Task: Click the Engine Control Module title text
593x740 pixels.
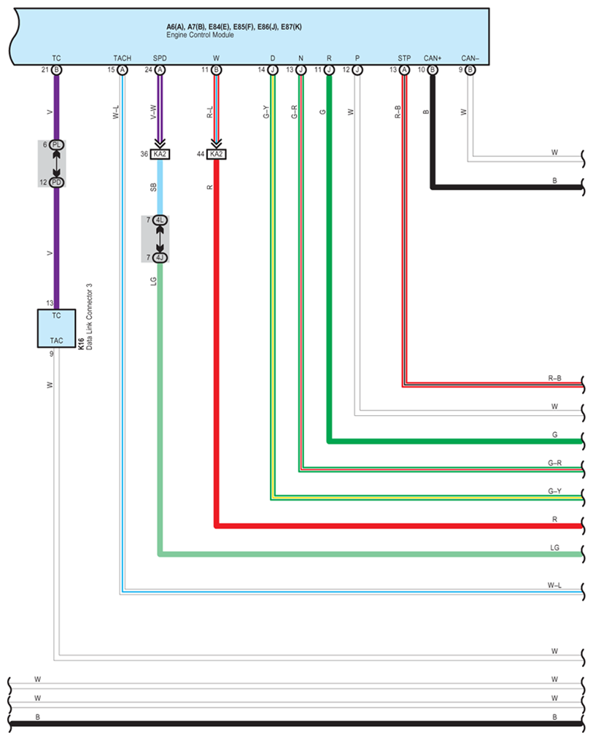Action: [x=201, y=35]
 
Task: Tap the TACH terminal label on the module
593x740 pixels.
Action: [x=122, y=58]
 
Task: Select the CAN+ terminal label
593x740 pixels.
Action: [x=433, y=58]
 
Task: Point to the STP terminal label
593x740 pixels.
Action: [x=404, y=58]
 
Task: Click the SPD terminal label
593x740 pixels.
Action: [x=160, y=58]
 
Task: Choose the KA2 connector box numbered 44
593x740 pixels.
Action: [x=216, y=154]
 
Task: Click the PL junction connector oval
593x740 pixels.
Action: [x=57, y=145]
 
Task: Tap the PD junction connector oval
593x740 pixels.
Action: [x=57, y=182]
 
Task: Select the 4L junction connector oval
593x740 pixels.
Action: [x=160, y=220]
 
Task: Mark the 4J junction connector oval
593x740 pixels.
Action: [x=160, y=257]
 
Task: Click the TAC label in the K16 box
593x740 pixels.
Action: [x=56, y=340]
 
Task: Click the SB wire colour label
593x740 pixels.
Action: [x=153, y=188]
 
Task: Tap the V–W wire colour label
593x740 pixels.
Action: [x=153, y=112]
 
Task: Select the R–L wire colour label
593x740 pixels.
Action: [x=209, y=112]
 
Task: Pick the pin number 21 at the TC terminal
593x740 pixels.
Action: [x=45, y=69]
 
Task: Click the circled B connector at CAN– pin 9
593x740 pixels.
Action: [x=470, y=70]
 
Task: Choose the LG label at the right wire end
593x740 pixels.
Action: [x=554, y=547]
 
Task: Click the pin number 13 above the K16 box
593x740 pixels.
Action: [x=50, y=303]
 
